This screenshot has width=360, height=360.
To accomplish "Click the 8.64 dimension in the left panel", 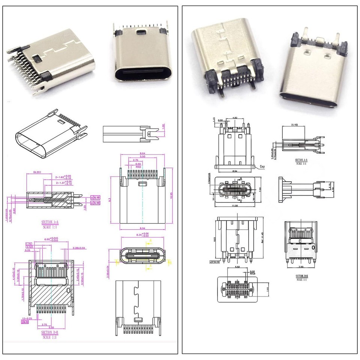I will click(142, 153).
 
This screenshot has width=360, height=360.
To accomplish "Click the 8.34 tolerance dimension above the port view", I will click(143, 235).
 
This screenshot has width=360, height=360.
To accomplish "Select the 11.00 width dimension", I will click(235, 206).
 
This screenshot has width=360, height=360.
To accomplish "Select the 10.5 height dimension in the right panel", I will click(214, 239).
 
